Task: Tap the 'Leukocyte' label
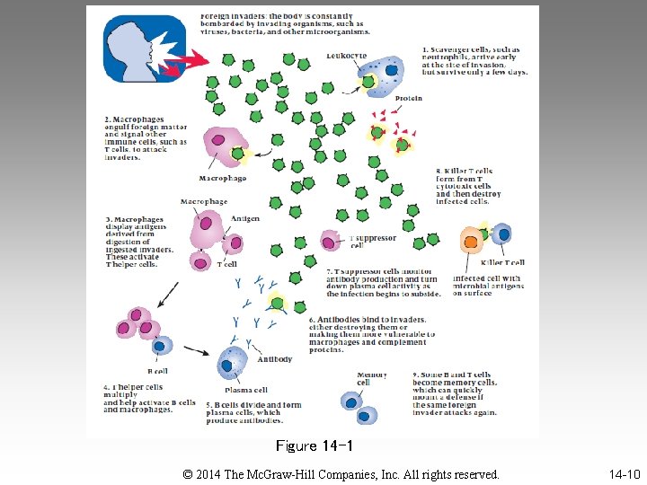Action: [x=347, y=56]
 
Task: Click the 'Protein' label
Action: [x=409, y=99]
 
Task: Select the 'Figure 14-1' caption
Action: [x=314, y=446]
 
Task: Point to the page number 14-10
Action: [x=624, y=473]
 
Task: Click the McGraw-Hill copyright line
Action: [x=341, y=473]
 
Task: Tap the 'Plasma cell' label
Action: [x=246, y=390]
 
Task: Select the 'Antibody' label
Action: [x=275, y=359]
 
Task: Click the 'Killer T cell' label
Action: [x=502, y=263]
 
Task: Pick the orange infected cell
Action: [x=471, y=240]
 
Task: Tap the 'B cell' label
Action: [x=157, y=370]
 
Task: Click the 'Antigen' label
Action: [x=245, y=218]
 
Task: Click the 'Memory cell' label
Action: [x=371, y=379]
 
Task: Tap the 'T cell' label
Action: [x=226, y=265]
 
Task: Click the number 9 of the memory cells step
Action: [x=415, y=375]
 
